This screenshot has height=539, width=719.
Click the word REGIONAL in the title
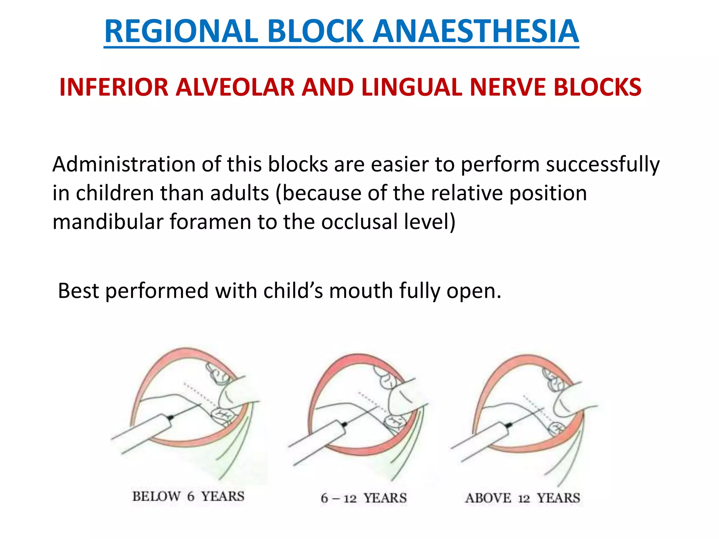click(181, 32)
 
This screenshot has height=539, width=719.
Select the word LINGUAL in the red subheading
click(411, 87)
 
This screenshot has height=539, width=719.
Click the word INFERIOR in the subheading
click(114, 87)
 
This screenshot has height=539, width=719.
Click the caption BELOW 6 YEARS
click(188, 497)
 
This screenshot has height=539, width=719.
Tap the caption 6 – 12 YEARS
click(363, 498)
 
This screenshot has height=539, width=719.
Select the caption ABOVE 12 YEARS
click(522, 498)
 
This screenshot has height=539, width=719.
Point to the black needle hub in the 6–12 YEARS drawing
click(344, 424)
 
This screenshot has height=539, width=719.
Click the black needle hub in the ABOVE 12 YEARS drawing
click(508, 426)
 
